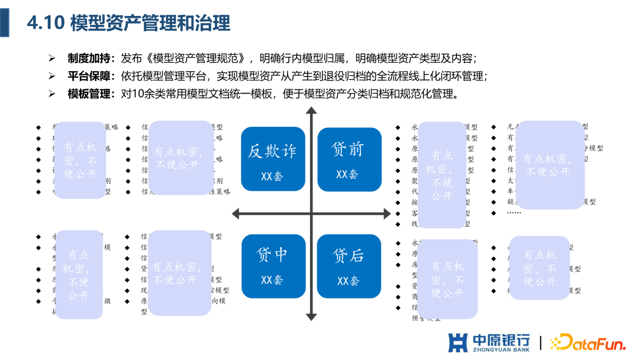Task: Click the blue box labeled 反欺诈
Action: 272,160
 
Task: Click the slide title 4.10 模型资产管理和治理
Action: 128,23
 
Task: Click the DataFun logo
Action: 587,343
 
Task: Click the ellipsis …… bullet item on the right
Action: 514,212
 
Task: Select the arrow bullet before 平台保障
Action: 52,76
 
